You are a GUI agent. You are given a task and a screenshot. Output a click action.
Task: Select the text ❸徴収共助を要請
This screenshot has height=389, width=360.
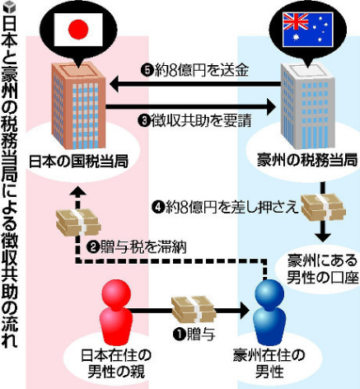[194, 120]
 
